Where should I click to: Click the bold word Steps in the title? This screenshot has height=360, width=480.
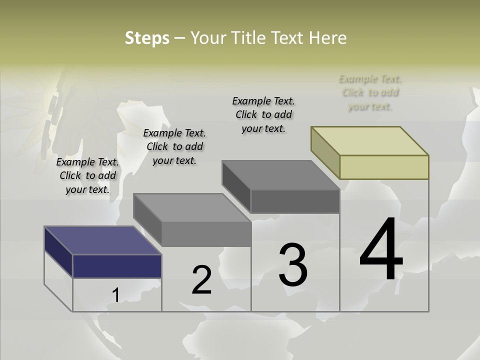[x=147, y=38]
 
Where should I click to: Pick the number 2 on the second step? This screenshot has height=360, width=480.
[x=201, y=280]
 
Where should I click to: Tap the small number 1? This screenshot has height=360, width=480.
[x=115, y=295]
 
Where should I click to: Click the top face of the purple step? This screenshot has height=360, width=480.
[x=102, y=240]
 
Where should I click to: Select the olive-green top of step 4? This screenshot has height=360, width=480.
[x=369, y=141]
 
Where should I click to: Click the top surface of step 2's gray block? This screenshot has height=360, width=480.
[x=191, y=207]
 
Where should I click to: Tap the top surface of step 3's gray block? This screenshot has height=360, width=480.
[x=280, y=175]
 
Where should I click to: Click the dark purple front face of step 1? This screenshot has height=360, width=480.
[x=117, y=266]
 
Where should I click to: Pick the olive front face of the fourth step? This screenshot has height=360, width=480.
[x=384, y=167]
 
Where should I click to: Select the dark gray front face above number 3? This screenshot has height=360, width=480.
[x=295, y=201]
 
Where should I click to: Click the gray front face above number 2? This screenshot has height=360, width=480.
[x=206, y=234]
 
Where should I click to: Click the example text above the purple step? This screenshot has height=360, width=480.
[x=87, y=175]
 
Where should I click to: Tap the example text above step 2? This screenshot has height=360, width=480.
[x=174, y=146]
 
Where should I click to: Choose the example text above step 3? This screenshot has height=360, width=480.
[x=263, y=114]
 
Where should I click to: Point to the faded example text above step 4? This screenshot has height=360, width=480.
[x=370, y=92]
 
